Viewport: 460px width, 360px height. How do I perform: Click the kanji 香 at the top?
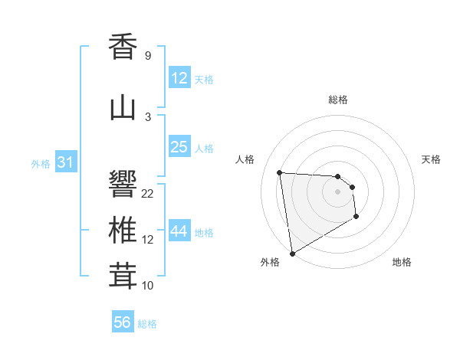(123, 47)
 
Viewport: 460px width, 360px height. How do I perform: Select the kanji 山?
(123, 108)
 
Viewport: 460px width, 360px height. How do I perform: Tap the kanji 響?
(123, 183)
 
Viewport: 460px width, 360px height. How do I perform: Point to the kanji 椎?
(123, 230)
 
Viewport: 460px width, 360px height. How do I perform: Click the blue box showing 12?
(179, 78)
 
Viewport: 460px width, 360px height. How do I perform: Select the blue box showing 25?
(179, 147)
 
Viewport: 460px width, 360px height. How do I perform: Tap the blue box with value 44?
(179, 231)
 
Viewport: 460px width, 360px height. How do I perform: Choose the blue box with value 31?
(65, 162)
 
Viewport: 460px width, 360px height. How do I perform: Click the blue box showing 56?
(123, 322)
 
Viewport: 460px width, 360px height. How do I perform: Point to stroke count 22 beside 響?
(148, 193)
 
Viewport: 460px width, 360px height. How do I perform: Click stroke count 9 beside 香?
(148, 56)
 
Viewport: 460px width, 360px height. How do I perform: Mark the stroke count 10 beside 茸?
(148, 286)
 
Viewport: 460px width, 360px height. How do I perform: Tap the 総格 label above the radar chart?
(338, 100)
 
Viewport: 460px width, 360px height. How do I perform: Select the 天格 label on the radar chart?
(432, 159)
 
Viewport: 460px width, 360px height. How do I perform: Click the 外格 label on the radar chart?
(270, 262)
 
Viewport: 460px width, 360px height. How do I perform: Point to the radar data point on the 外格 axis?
(292, 253)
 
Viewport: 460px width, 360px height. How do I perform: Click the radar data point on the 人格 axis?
(280, 172)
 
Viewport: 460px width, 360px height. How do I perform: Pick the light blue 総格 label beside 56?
(147, 324)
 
